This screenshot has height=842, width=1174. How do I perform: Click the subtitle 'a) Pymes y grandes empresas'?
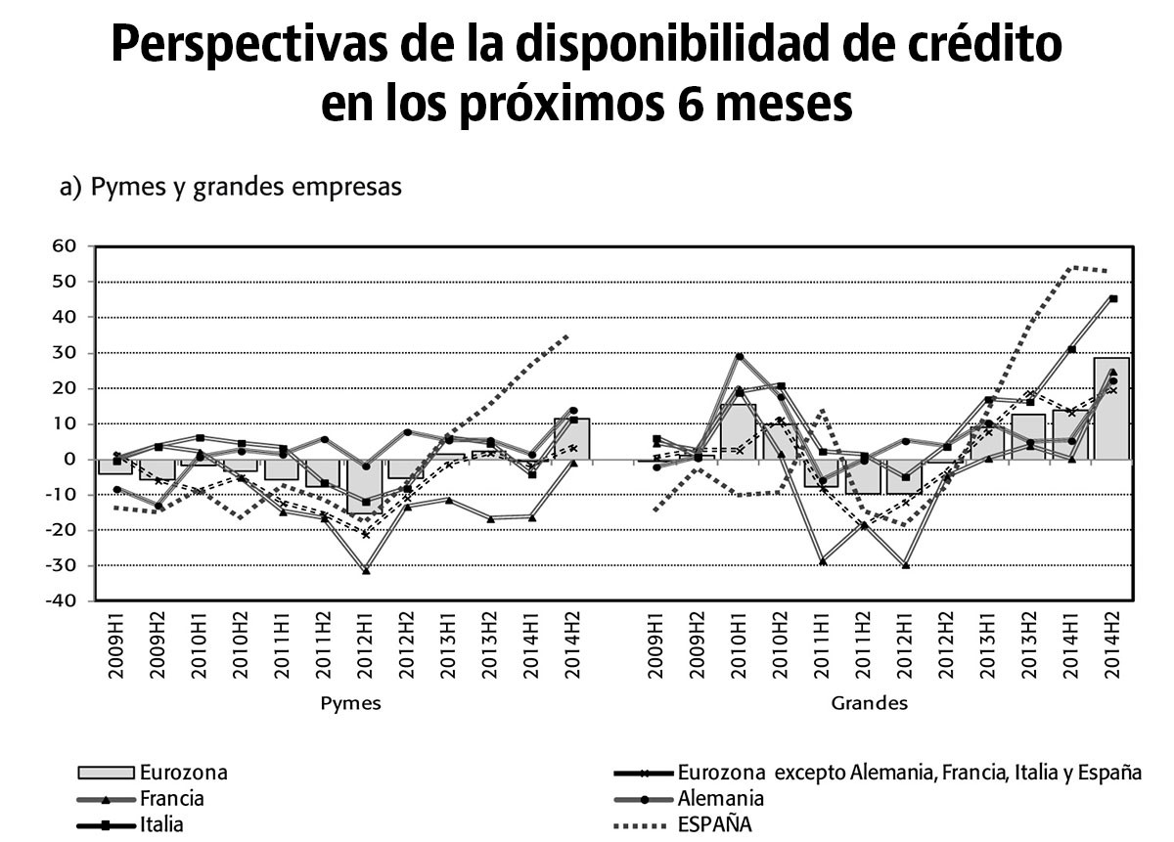click(x=231, y=187)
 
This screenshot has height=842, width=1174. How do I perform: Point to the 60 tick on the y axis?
click(x=64, y=246)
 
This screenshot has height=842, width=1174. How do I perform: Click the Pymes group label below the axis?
click(x=351, y=703)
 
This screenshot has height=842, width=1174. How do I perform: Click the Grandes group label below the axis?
click(x=869, y=703)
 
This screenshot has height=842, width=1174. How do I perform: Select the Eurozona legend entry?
click(x=183, y=772)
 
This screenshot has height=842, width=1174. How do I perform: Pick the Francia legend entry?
click(x=172, y=798)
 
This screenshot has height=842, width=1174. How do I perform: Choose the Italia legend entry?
click(x=161, y=824)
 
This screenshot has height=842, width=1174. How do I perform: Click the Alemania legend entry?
click(x=720, y=798)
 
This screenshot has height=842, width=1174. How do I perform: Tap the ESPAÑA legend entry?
click(x=714, y=824)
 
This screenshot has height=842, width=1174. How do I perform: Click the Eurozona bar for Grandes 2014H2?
click(x=1111, y=409)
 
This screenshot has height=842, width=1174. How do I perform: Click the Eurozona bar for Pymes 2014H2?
click(x=571, y=439)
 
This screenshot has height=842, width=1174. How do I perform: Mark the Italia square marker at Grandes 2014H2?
click(x=1113, y=299)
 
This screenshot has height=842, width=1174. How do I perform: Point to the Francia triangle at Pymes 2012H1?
click(x=366, y=569)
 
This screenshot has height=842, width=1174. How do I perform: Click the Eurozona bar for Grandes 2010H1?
click(x=738, y=431)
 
